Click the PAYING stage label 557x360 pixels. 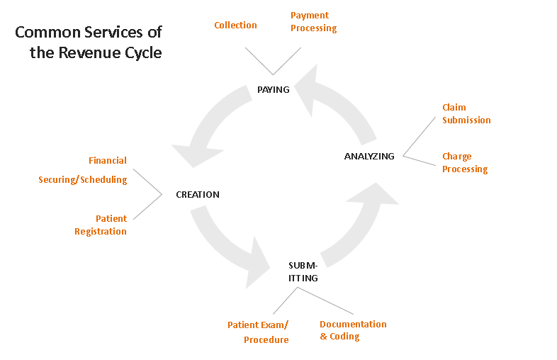pos(273,89)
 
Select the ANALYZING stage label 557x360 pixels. pos(369,157)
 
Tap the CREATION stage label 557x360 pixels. pos(198,195)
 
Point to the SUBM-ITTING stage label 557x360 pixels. pos(303,272)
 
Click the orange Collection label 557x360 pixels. pos(235,26)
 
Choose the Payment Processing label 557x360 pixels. pos(314,22)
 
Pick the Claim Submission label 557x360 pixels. pos(466,113)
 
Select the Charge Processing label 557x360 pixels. pos(465,163)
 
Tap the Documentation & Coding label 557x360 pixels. pos(353,330)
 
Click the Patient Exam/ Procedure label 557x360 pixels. pos(258,332)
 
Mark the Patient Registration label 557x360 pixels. pos(101,225)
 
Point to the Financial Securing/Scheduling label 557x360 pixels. pos(83,170)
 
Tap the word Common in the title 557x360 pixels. pos(48,33)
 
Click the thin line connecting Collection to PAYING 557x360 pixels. pos(259,61)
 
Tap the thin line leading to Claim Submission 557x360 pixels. pos(420,137)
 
